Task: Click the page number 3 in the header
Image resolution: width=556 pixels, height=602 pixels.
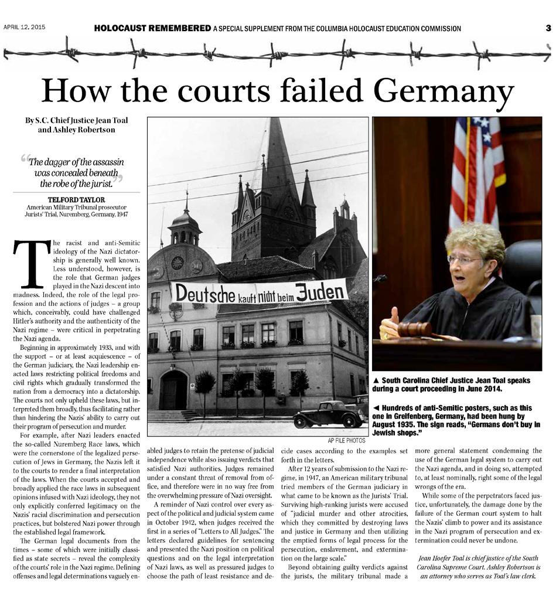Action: click(548, 28)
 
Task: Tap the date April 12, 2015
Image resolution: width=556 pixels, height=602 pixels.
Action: click(25, 27)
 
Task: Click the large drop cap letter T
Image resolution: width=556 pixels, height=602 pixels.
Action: click(31, 263)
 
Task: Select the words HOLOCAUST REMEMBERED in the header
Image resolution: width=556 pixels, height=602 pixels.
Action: click(152, 28)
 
